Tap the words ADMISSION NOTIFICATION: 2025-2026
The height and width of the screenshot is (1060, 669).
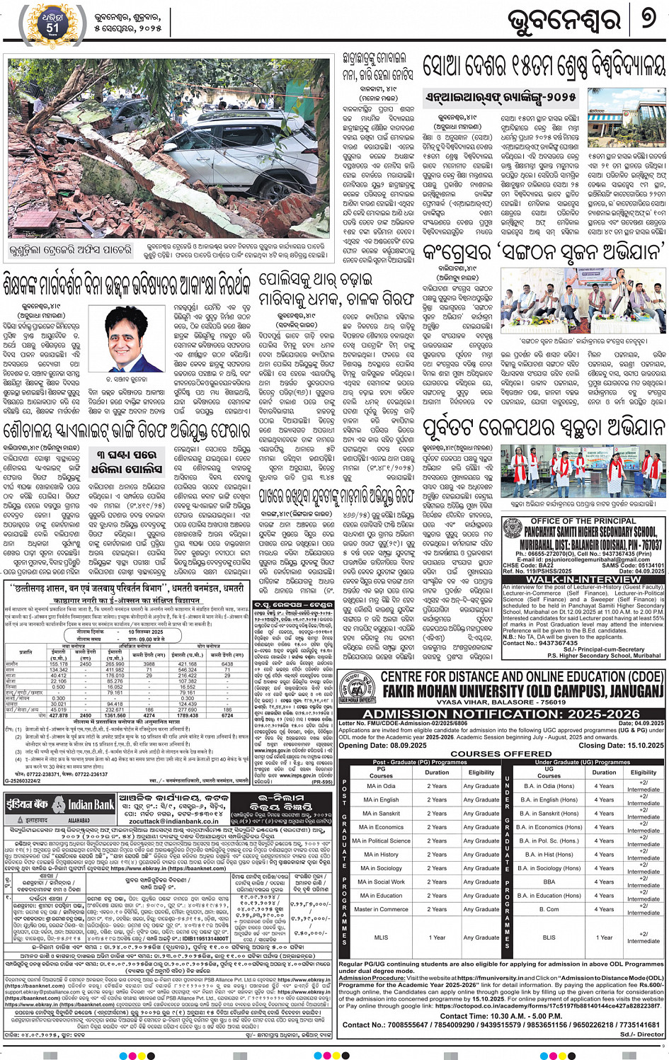point(501,714)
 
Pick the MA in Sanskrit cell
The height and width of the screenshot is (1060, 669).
point(381,814)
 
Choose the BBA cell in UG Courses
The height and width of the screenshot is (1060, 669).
point(549,882)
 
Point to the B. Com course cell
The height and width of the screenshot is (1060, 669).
point(549,909)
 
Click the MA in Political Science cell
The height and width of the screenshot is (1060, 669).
point(381,841)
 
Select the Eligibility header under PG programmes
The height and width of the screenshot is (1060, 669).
point(481,773)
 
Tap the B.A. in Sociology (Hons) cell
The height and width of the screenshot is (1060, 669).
point(549,868)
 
